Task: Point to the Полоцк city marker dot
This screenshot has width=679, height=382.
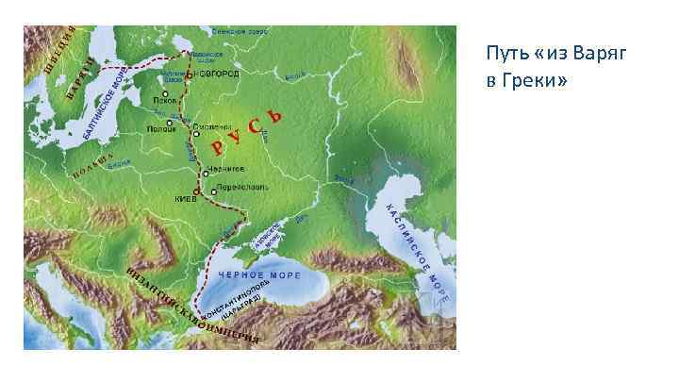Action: (x=171, y=123)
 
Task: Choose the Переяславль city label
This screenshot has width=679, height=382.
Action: (x=242, y=187)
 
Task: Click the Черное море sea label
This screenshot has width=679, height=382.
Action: (x=259, y=274)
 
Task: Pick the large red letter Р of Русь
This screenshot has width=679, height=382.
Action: (x=218, y=146)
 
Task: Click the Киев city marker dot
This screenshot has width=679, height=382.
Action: (x=196, y=191)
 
